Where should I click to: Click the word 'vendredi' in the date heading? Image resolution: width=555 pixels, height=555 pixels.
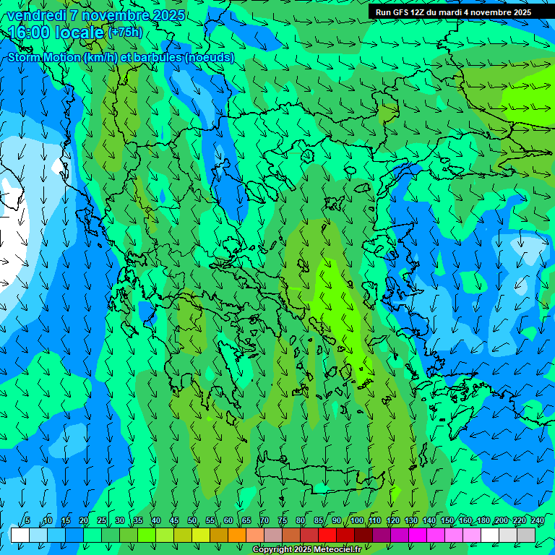(x=35, y=15)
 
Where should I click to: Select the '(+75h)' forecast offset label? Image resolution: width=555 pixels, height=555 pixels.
(x=125, y=33)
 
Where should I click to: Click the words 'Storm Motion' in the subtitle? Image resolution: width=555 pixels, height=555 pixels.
(x=44, y=58)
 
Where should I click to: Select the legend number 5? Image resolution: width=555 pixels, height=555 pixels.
(x=27, y=521)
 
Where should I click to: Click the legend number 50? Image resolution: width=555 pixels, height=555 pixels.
(x=192, y=521)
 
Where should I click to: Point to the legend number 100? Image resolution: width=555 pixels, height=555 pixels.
(x=357, y=521)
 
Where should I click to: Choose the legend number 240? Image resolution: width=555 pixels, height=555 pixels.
(x=538, y=521)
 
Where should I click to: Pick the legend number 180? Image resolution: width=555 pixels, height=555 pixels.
(x=483, y=521)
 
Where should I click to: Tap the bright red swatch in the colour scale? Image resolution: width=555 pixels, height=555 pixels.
(x=327, y=535)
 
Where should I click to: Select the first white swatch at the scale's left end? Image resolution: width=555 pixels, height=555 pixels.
(x=20, y=535)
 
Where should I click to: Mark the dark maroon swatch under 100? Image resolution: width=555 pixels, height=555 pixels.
(x=363, y=535)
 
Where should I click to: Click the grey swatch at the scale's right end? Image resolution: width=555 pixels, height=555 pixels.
(x=526, y=535)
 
